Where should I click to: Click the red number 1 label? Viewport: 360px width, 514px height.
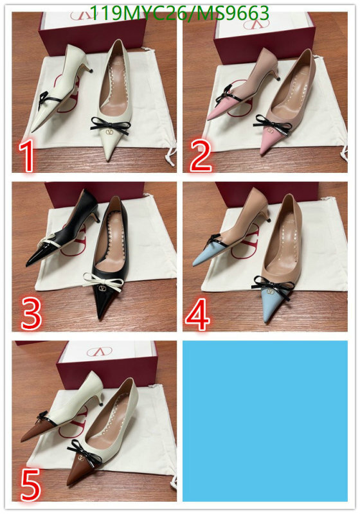26,155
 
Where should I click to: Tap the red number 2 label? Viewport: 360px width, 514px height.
201,155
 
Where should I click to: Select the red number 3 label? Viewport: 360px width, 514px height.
31,314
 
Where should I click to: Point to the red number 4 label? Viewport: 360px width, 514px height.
198,314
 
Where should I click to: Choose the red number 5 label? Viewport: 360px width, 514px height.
30,484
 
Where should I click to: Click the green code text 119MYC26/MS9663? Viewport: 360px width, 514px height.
179,13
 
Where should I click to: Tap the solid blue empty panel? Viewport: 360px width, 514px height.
265,421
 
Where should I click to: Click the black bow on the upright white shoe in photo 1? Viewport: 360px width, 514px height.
110,125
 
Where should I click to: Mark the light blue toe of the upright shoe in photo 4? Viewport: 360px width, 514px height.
271,303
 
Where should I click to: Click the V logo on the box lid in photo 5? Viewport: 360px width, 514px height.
100,351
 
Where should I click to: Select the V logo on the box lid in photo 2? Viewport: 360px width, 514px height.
256,23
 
